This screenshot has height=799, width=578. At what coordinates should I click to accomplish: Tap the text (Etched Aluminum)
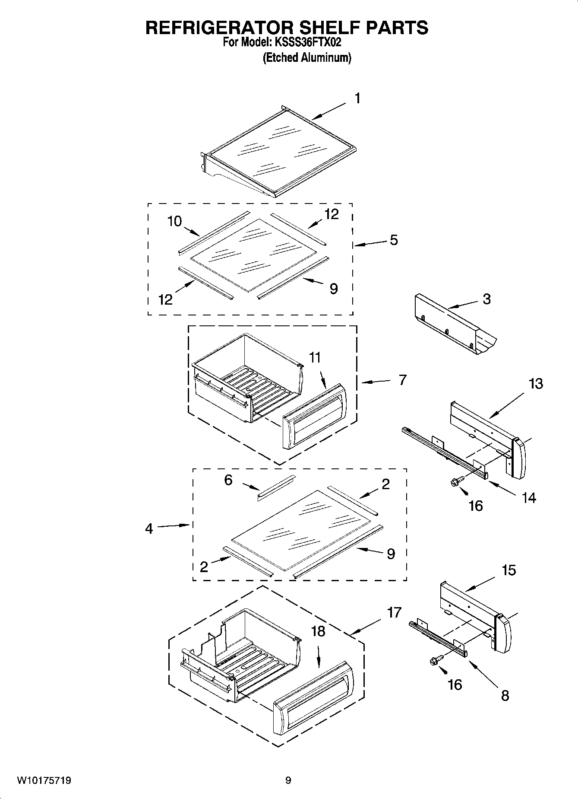click(x=307, y=57)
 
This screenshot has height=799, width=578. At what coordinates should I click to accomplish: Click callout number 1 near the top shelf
click(x=357, y=99)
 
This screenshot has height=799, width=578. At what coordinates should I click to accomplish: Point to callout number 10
click(x=174, y=221)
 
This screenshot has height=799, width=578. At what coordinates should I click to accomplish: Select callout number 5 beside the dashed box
click(x=394, y=240)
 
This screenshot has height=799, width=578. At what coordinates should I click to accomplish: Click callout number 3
click(x=486, y=299)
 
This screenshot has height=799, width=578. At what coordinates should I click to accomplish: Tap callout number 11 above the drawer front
click(x=315, y=357)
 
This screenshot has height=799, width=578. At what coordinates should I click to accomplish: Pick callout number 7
click(x=402, y=380)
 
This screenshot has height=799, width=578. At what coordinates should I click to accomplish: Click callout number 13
click(x=536, y=383)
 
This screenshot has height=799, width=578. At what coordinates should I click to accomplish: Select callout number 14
click(x=528, y=498)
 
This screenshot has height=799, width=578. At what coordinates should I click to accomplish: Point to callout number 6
click(x=228, y=480)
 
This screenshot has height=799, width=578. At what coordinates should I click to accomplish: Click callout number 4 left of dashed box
click(x=149, y=528)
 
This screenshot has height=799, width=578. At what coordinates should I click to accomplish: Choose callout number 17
click(x=394, y=612)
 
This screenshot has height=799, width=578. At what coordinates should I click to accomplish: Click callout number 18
click(x=318, y=631)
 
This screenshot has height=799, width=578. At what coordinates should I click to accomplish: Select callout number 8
click(x=505, y=695)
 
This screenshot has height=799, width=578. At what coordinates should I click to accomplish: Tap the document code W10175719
click(x=44, y=780)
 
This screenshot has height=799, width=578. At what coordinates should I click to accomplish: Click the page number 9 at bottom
click(x=288, y=780)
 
